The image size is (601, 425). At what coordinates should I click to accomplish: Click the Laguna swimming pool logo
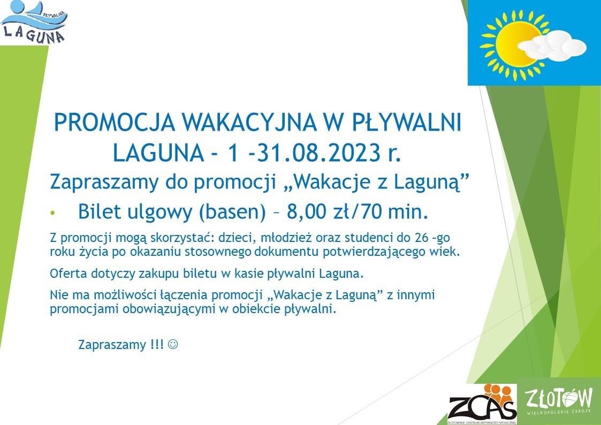(x=34, y=22)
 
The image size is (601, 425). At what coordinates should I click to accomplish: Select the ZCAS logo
(x=482, y=404)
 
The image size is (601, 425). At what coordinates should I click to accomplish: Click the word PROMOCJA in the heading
(x=115, y=123)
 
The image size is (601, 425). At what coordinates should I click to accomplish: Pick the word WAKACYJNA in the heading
(x=248, y=123)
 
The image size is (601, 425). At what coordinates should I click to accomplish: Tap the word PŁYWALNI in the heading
(x=407, y=123)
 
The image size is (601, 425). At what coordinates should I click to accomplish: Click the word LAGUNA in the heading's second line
(x=158, y=153)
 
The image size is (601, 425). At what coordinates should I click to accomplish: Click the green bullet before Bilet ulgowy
(x=52, y=212)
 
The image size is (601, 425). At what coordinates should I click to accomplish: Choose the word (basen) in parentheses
(x=232, y=212)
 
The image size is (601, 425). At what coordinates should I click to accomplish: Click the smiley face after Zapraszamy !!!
(x=173, y=344)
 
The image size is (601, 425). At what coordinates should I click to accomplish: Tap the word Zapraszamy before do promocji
(x=103, y=183)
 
